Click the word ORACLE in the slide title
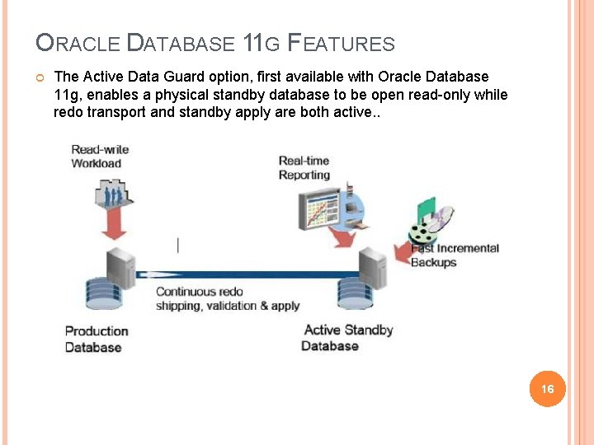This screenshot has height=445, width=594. (78, 44)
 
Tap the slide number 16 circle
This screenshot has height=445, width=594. (547, 388)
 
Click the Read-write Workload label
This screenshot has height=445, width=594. (100, 156)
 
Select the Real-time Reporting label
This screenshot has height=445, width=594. (304, 167)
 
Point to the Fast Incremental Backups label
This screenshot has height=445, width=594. (455, 255)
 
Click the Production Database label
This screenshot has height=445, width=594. (97, 339)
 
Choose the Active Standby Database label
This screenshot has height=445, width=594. (347, 337)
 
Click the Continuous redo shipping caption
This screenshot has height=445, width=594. (227, 298)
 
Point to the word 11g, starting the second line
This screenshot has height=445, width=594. (66, 95)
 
